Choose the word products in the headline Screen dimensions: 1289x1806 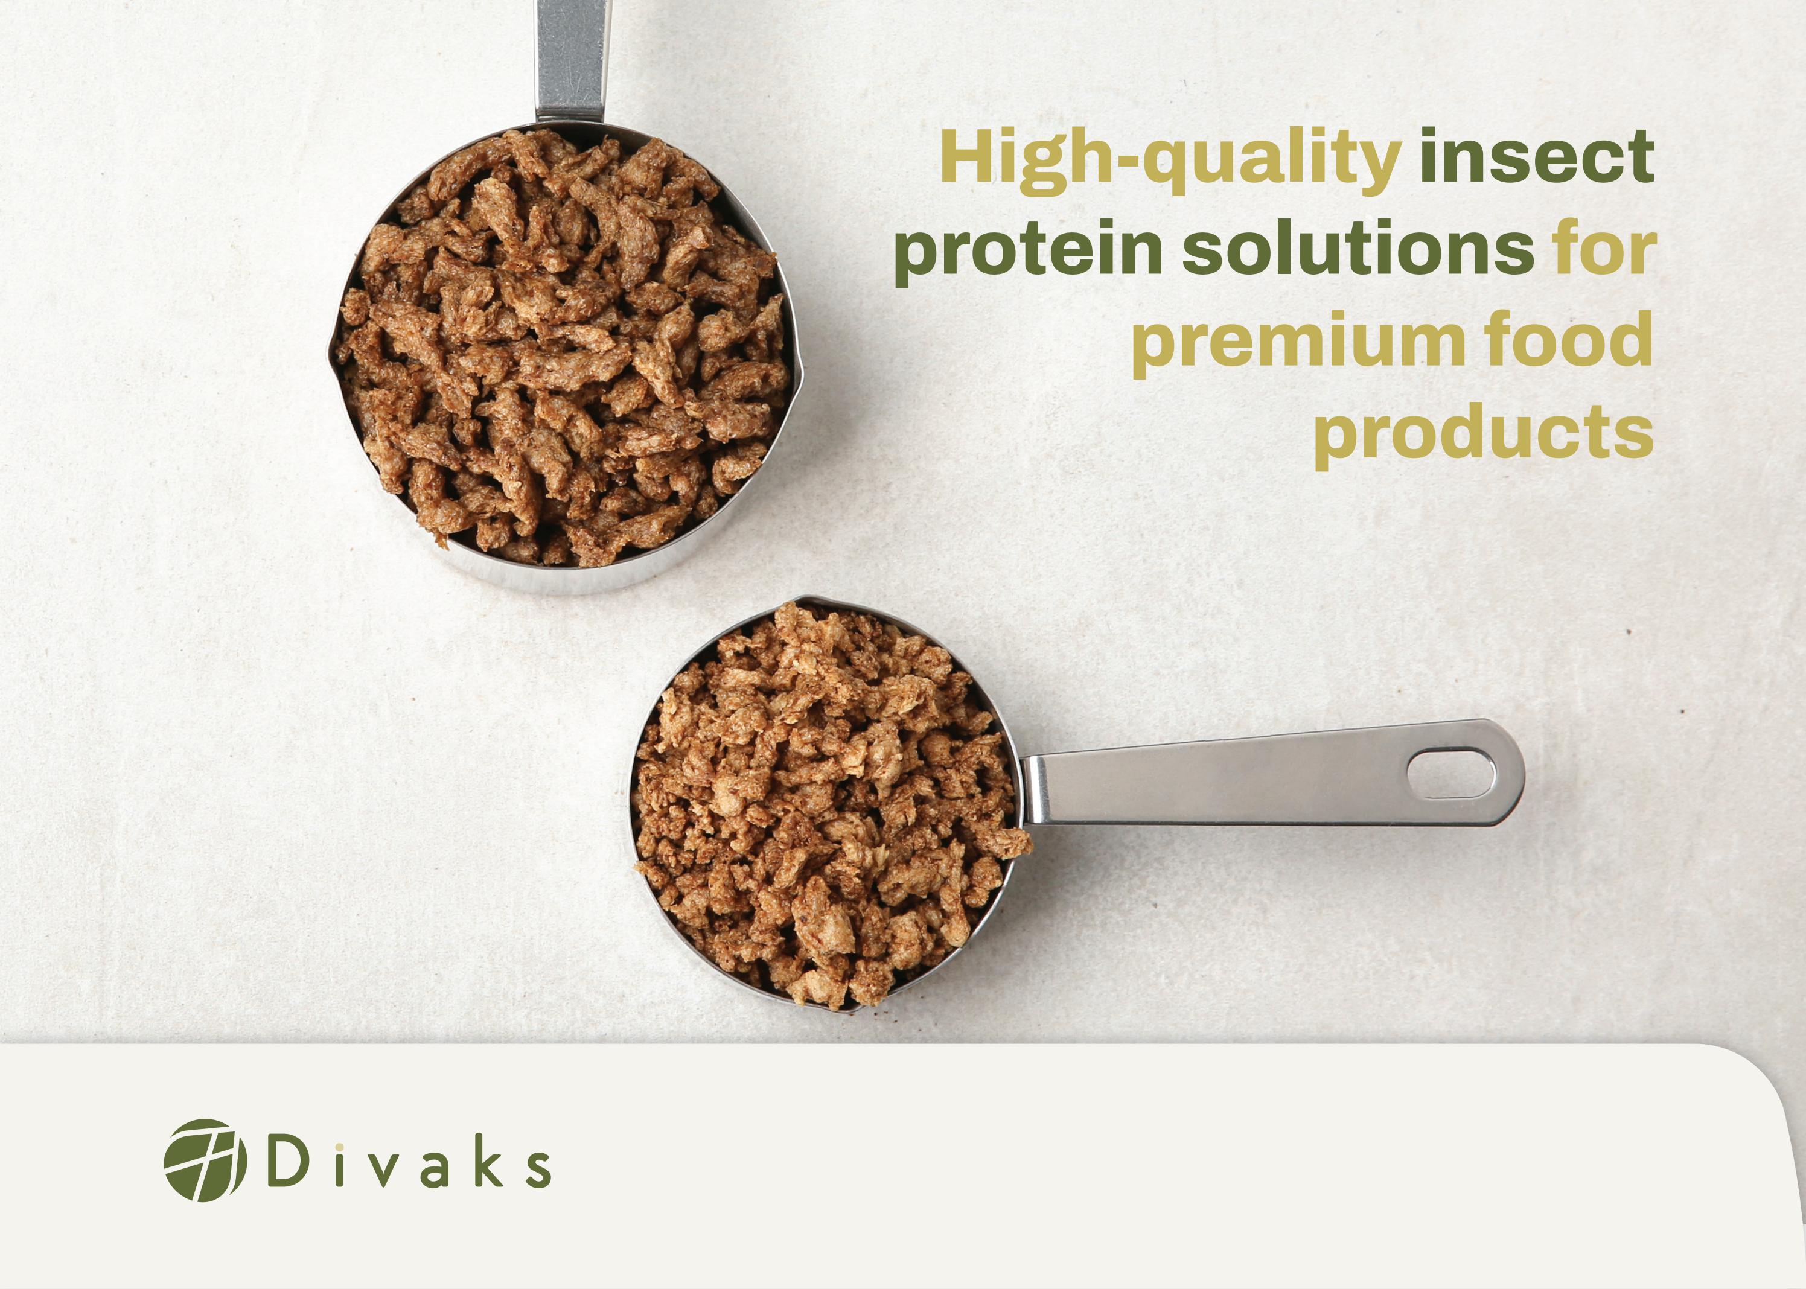click(1483, 434)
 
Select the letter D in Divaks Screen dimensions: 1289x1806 click(287, 1163)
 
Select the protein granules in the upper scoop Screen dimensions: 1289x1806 click(564, 349)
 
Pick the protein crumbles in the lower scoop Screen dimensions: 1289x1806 click(826, 801)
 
